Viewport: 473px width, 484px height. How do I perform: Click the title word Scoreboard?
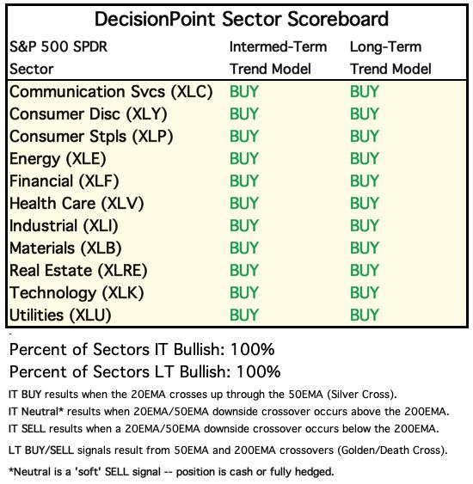(338, 19)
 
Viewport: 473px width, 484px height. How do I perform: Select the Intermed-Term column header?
(278, 58)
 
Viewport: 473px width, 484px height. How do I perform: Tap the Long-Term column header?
(390, 58)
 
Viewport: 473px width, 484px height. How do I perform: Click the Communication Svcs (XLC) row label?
(111, 92)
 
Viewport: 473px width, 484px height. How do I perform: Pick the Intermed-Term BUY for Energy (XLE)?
(244, 159)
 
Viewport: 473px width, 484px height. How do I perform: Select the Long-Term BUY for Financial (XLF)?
(365, 181)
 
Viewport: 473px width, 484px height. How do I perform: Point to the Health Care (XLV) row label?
(77, 204)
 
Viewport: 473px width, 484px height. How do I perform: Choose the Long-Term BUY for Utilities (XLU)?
(365, 316)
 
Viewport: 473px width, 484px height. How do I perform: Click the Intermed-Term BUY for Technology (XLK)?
(244, 293)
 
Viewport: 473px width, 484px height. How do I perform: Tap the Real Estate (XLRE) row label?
(78, 271)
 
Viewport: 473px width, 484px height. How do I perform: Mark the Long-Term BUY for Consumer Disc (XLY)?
(365, 114)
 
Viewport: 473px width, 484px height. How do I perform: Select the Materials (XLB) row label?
(65, 248)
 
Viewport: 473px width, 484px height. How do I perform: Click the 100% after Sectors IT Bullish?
(252, 349)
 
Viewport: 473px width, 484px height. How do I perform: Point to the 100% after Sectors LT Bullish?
(258, 371)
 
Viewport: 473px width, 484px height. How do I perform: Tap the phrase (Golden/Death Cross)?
(392, 450)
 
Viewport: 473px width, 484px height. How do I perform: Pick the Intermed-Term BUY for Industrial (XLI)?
(244, 226)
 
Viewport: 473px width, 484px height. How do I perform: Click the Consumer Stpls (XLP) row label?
(91, 137)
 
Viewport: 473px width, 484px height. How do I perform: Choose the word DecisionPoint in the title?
(155, 19)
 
